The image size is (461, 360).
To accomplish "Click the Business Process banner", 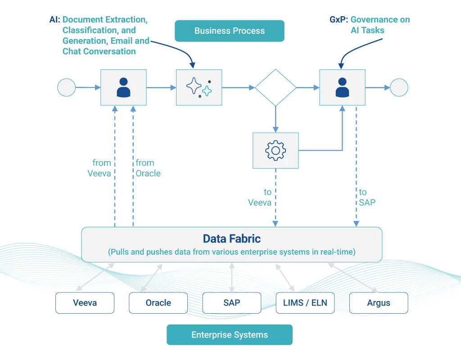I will click(x=229, y=31).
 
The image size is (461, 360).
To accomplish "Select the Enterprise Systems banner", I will click(x=230, y=335).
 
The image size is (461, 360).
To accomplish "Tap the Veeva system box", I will click(x=85, y=303).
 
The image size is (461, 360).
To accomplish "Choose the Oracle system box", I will click(x=158, y=303).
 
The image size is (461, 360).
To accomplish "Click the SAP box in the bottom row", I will click(x=231, y=303).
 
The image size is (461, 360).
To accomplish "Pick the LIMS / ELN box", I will click(x=305, y=303).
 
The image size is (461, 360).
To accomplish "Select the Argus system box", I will click(x=379, y=303).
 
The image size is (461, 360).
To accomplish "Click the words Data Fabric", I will click(x=231, y=238).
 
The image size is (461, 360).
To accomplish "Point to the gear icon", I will click(x=276, y=151).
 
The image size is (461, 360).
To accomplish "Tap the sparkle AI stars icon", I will click(x=199, y=87).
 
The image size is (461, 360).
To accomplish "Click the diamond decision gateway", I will click(x=276, y=88).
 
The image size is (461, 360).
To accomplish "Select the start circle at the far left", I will click(x=67, y=88).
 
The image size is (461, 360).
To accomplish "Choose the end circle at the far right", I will click(x=398, y=88).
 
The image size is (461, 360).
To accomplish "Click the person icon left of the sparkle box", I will click(x=123, y=88).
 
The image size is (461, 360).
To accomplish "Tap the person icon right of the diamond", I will click(x=342, y=88).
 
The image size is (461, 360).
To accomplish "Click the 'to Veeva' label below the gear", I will click(x=261, y=198).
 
